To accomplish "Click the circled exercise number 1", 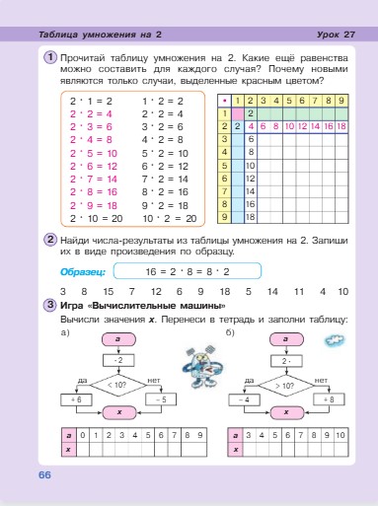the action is pos(50,57).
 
